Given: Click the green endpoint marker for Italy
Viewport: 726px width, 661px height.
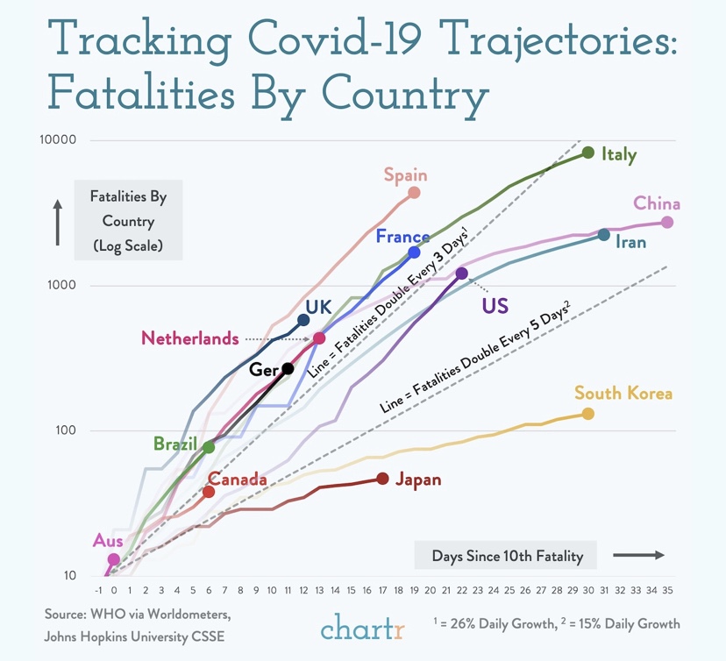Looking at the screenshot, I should pyautogui.click(x=588, y=153).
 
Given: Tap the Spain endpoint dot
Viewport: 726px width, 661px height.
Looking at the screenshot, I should pyautogui.click(x=415, y=193).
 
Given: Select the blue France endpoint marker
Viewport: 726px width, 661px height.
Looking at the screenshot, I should pyautogui.click(x=415, y=252).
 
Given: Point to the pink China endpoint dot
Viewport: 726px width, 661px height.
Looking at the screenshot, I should pyautogui.click(x=667, y=223).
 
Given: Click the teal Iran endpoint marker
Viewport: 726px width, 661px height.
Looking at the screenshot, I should pyautogui.click(x=604, y=235).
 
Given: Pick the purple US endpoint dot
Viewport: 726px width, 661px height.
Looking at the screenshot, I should pyautogui.click(x=462, y=274).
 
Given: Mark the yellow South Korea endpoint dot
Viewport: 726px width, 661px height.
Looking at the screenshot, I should pyautogui.click(x=588, y=414).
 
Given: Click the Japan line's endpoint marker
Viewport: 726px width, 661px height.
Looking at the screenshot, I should pyautogui.click(x=383, y=478).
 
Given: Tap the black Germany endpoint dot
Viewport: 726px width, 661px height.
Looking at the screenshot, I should pyautogui.click(x=288, y=369).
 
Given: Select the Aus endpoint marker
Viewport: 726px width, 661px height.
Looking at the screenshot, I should pyautogui.click(x=114, y=559).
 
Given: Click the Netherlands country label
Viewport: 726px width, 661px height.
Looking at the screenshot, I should pyautogui.click(x=189, y=338).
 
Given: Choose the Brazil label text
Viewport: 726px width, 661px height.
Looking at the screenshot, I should pyautogui.click(x=175, y=444).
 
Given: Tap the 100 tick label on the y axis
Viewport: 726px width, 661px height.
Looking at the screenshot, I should pyautogui.click(x=67, y=430).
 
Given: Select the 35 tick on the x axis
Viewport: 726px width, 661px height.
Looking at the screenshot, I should pyautogui.click(x=667, y=590).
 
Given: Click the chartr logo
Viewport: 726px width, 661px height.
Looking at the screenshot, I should pyautogui.click(x=362, y=628).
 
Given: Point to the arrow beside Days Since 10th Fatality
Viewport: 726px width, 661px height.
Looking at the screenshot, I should pyautogui.click(x=638, y=555).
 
